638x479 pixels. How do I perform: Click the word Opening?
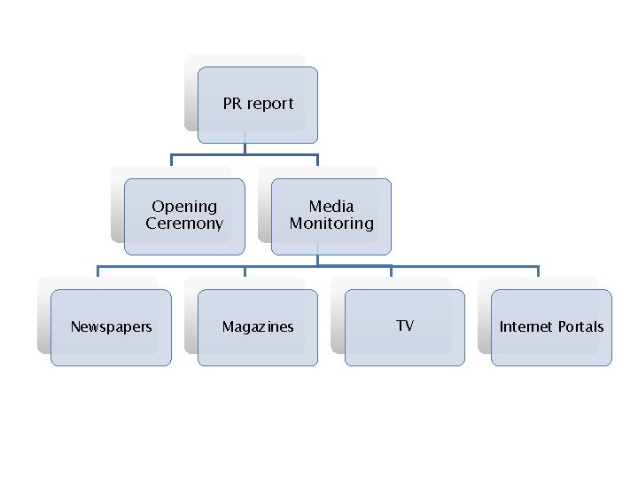click(x=184, y=207)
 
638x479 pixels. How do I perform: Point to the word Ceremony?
click(x=184, y=224)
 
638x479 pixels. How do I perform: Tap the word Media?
click(x=331, y=207)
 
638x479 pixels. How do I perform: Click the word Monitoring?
click(x=331, y=224)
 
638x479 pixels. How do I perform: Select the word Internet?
click(x=525, y=326)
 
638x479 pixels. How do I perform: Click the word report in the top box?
click(x=270, y=104)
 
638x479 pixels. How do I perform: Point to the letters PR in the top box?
click(x=232, y=104)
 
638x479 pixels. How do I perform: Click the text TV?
click(x=405, y=326)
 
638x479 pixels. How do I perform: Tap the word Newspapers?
click(x=111, y=326)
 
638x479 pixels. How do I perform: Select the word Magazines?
click(x=257, y=326)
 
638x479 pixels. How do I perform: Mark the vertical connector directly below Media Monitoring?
click(x=317, y=260)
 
